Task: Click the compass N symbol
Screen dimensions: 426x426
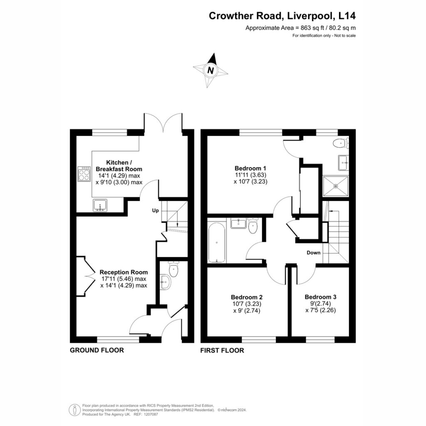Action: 210,70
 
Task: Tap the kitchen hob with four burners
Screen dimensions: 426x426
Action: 84,174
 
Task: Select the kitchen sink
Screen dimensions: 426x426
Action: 100,206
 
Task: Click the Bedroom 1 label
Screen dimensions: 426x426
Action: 250,168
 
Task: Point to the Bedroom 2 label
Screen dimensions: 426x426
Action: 247,297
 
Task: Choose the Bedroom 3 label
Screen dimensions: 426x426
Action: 321,297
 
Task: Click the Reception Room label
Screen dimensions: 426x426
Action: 124,272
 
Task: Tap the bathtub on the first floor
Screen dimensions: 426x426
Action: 216,243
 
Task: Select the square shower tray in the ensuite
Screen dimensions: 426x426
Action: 336,186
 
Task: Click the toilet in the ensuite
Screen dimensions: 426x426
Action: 341,143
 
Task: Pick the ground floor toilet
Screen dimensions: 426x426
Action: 173,269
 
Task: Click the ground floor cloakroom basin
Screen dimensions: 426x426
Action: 165,282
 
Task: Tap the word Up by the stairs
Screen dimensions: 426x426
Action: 156,211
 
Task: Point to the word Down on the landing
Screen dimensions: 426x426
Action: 314,253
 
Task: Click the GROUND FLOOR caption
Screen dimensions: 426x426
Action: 97,350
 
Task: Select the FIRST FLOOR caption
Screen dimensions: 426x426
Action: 222,350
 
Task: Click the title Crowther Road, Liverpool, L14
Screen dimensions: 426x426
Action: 282,16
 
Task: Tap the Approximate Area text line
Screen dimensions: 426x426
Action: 300,28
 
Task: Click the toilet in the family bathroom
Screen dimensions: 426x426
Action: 253,226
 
